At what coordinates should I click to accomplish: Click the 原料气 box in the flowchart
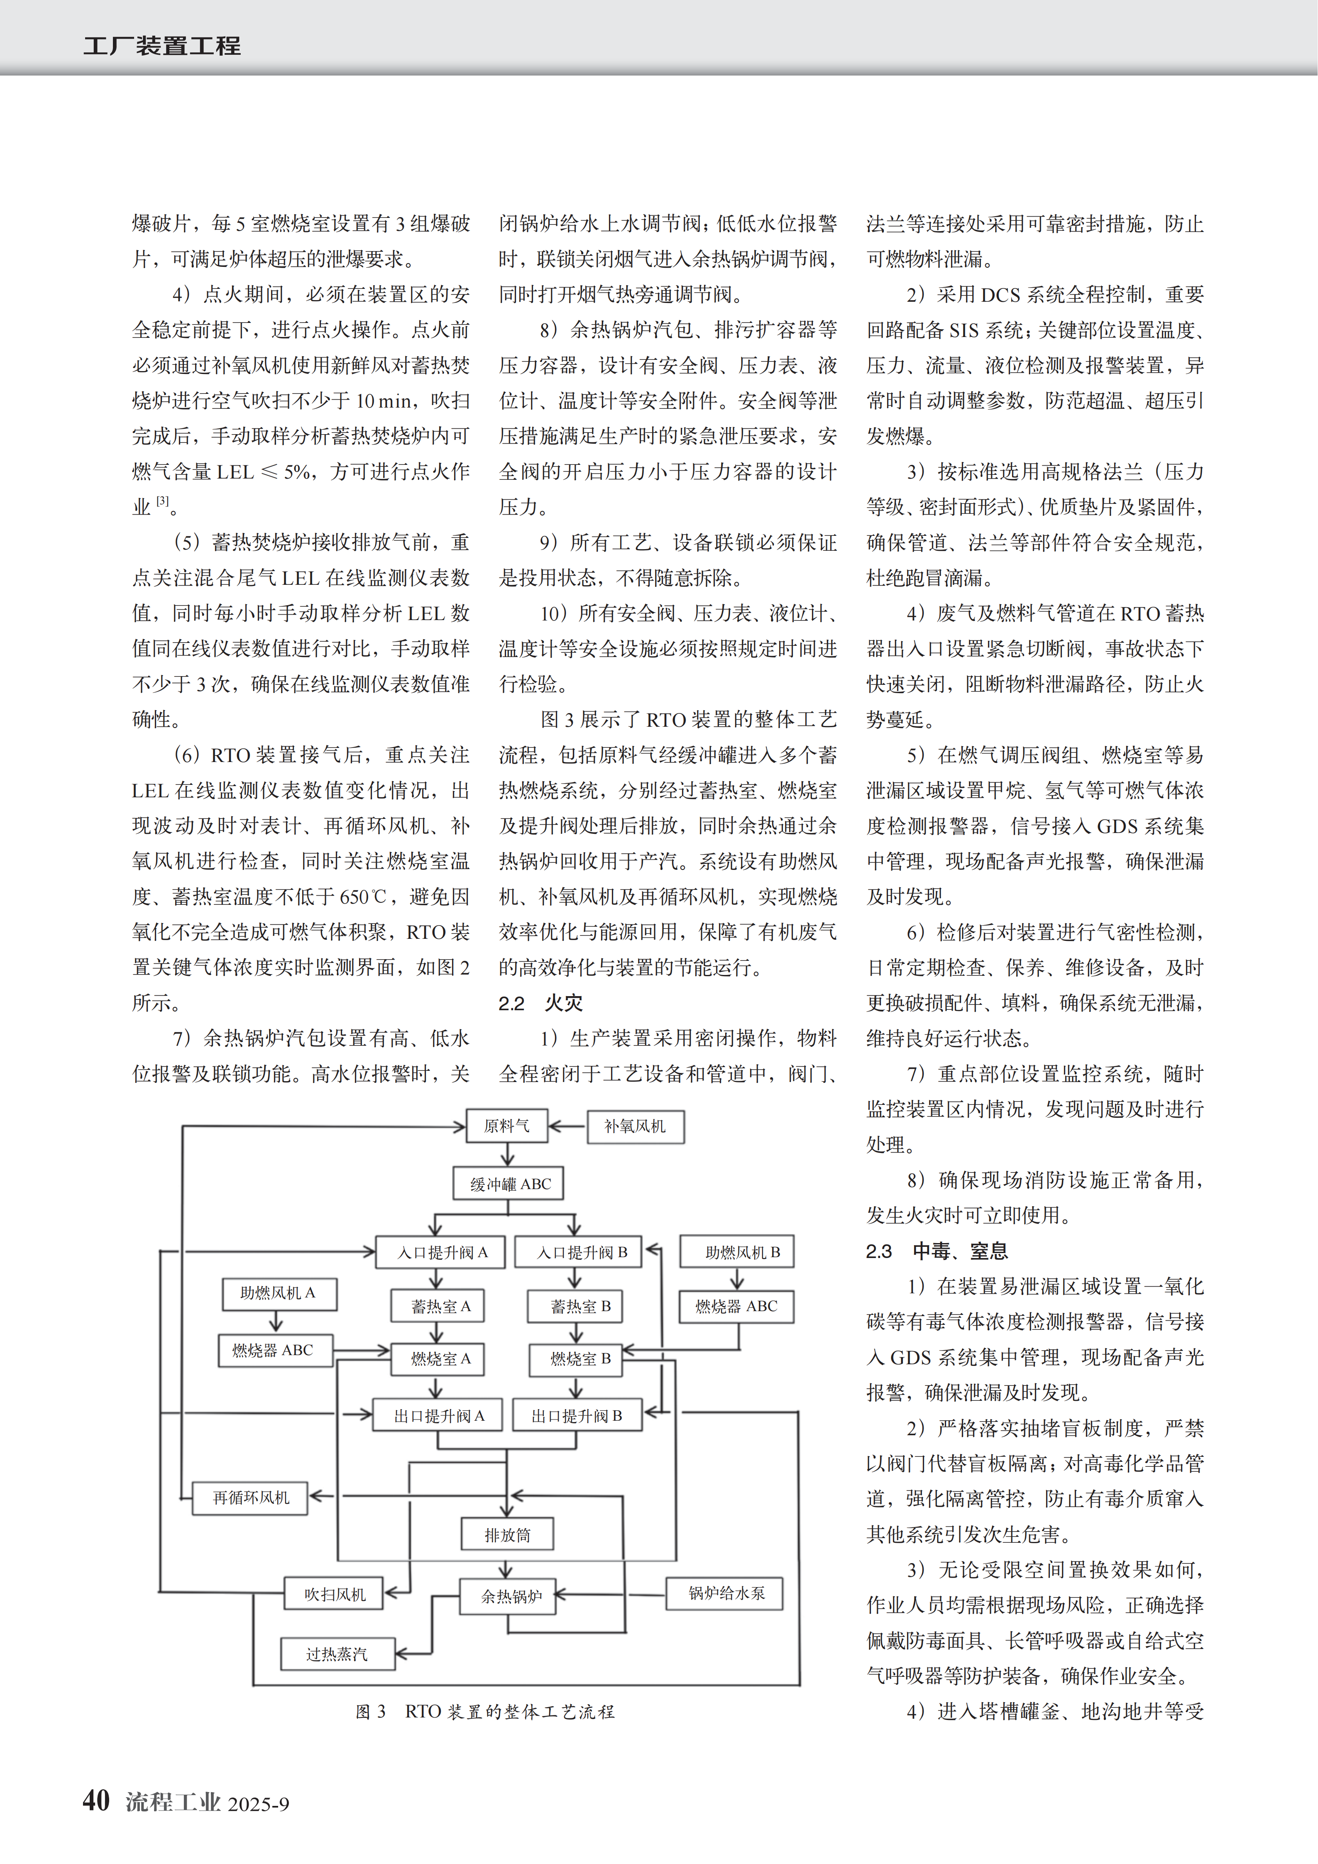[507, 1126]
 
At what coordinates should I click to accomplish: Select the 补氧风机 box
[635, 1126]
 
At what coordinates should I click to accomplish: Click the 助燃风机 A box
[279, 1293]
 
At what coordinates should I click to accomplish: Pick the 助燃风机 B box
[736, 1253]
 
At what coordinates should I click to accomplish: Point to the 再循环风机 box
[251, 1498]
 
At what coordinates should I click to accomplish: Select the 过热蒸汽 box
[337, 1654]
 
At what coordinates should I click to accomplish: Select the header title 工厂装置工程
[161, 46]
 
